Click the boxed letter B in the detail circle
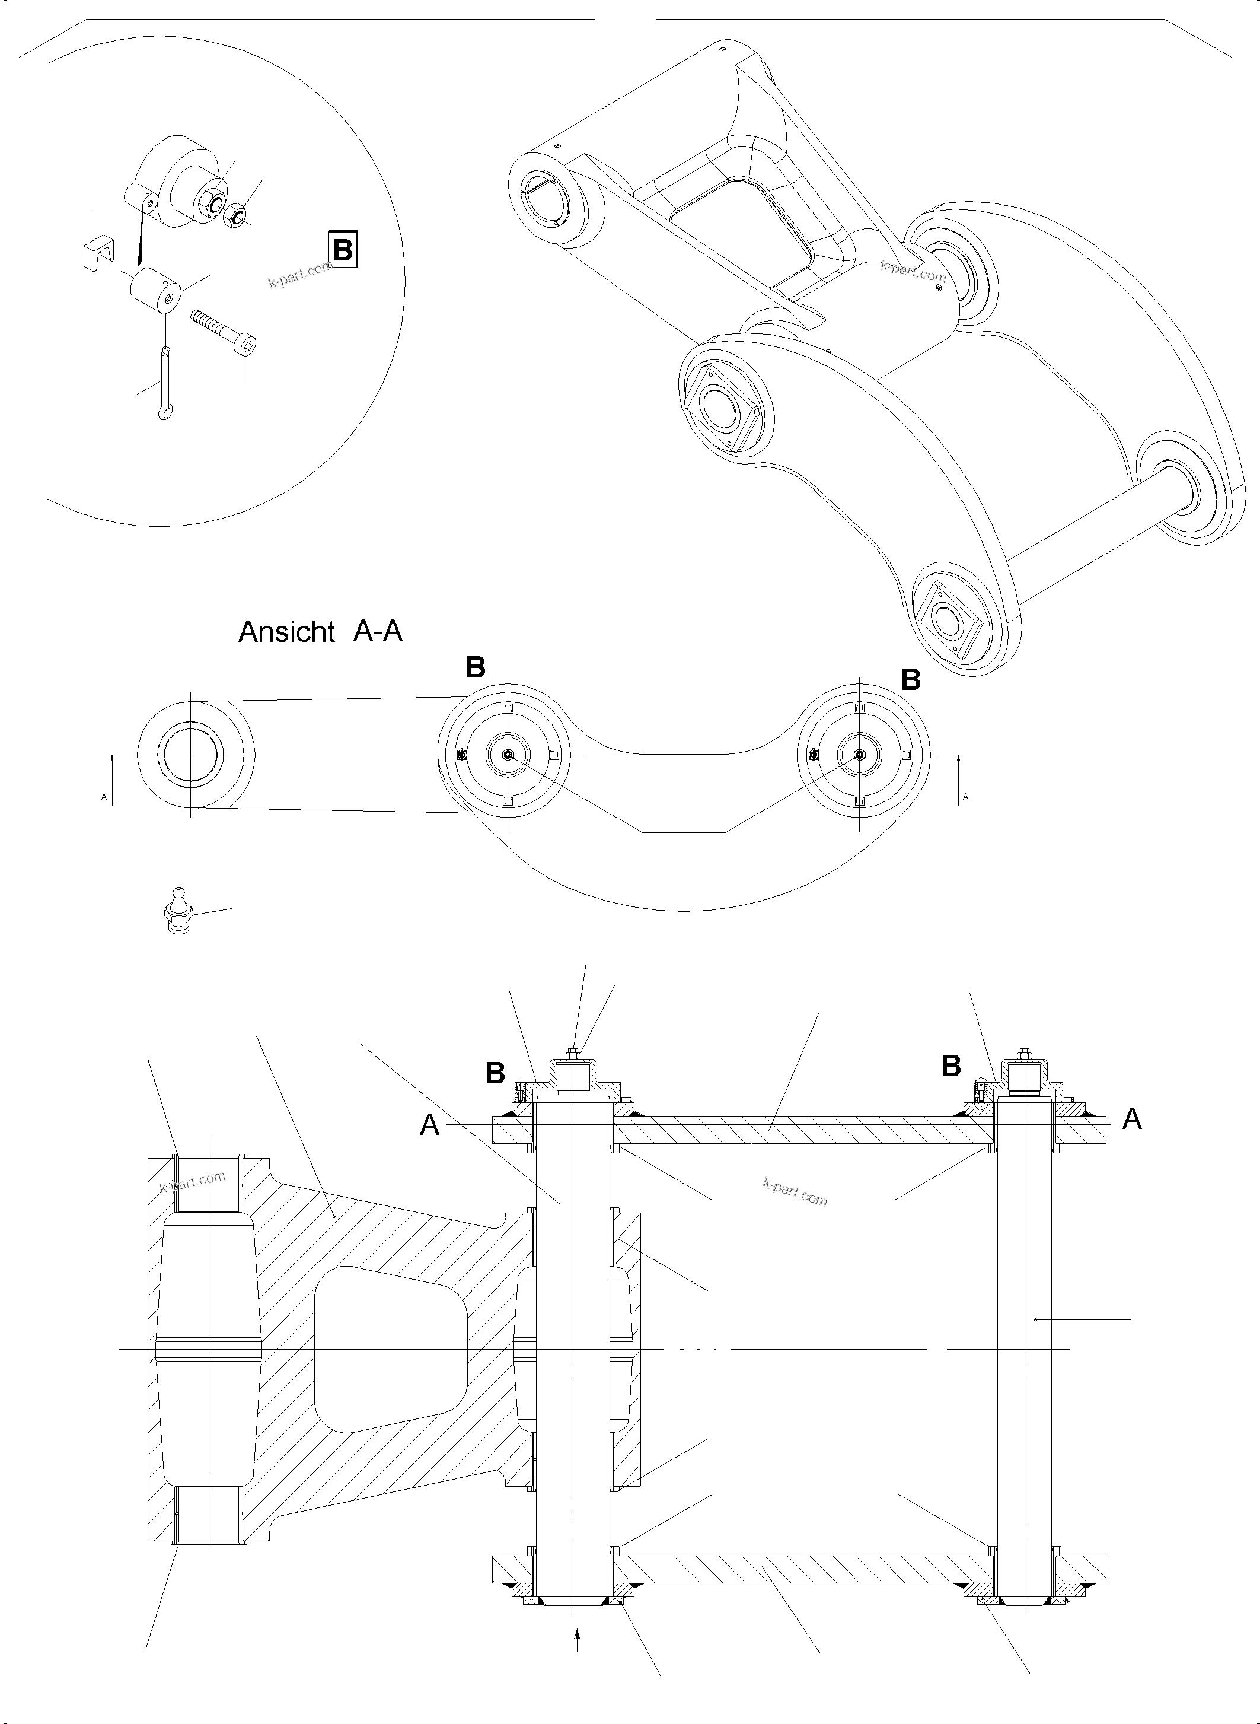pos(343,249)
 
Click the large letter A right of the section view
pos(1132,1119)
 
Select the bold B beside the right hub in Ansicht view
pos(911,679)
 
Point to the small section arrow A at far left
pos(104,797)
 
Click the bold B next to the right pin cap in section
pos(950,1066)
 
